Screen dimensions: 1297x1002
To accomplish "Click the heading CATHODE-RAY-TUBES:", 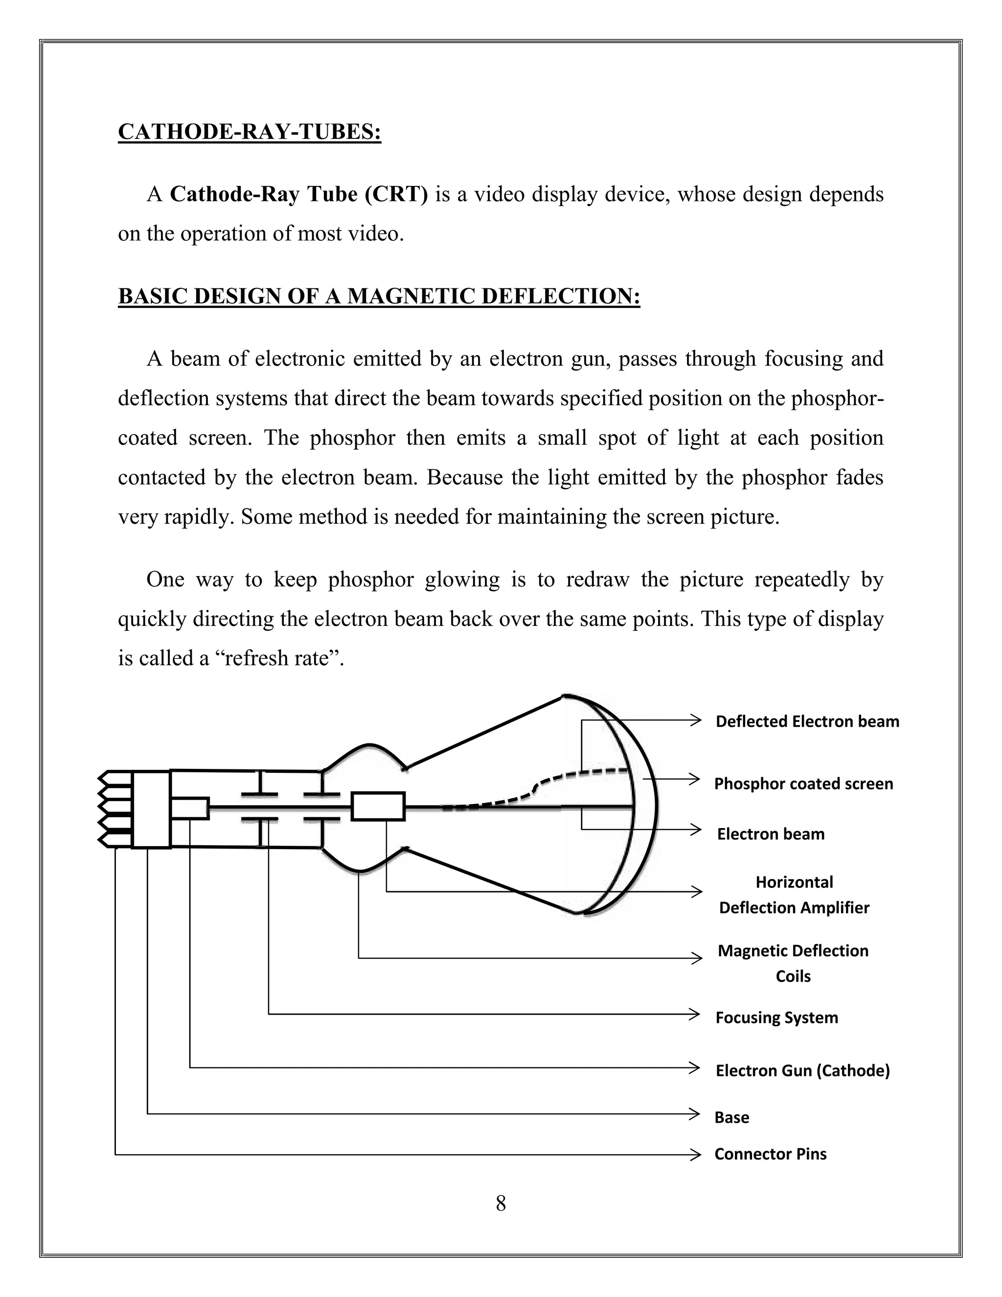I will [x=250, y=132].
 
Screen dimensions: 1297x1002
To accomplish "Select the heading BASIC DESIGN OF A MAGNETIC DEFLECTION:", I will [x=379, y=296].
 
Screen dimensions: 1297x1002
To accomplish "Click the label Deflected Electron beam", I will [x=807, y=721].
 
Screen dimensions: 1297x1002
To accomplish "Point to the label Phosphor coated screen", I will [x=803, y=784].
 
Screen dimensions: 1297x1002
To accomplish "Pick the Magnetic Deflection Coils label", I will [x=793, y=963].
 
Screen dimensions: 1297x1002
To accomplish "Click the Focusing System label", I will [x=776, y=1018].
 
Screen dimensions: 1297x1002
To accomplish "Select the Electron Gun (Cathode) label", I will [x=802, y=1071].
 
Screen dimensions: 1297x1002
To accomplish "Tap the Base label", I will [x=731, y=1118].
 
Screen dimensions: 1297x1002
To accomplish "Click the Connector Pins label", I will [x=770, y=1154].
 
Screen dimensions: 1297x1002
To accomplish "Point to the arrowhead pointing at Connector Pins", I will [x=695, y=1155].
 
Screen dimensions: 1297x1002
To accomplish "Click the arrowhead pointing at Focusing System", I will [x=695, y=1014].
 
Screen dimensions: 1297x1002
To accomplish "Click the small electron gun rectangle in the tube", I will [x=190, y=808].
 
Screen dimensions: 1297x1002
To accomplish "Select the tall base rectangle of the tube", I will [x=151, y=809].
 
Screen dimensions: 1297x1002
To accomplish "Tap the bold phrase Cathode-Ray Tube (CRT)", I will [x=298, y=194].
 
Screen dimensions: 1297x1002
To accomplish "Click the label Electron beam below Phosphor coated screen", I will [x=771, y=834].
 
